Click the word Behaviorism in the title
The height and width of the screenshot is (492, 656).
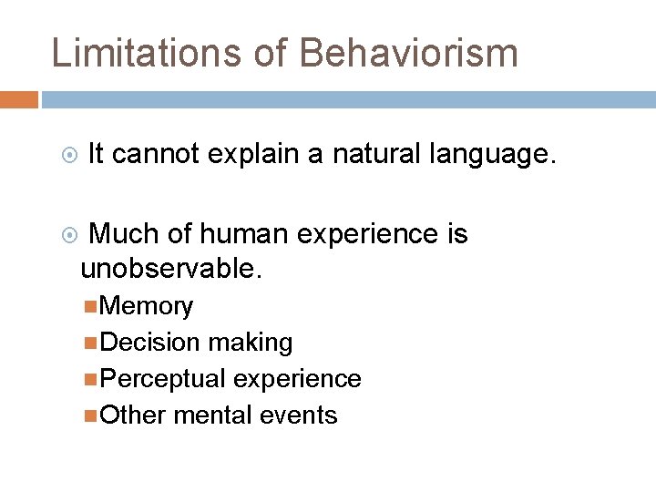point(408,53)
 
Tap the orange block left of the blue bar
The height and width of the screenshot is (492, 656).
point(18,99)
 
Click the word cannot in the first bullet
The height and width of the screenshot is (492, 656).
point(156,155)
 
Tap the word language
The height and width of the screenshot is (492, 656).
point(493,155)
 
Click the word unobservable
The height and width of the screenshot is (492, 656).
point(170,269)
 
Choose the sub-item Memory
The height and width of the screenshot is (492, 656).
point(147,306)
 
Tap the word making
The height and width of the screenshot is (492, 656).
point(250,343)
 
